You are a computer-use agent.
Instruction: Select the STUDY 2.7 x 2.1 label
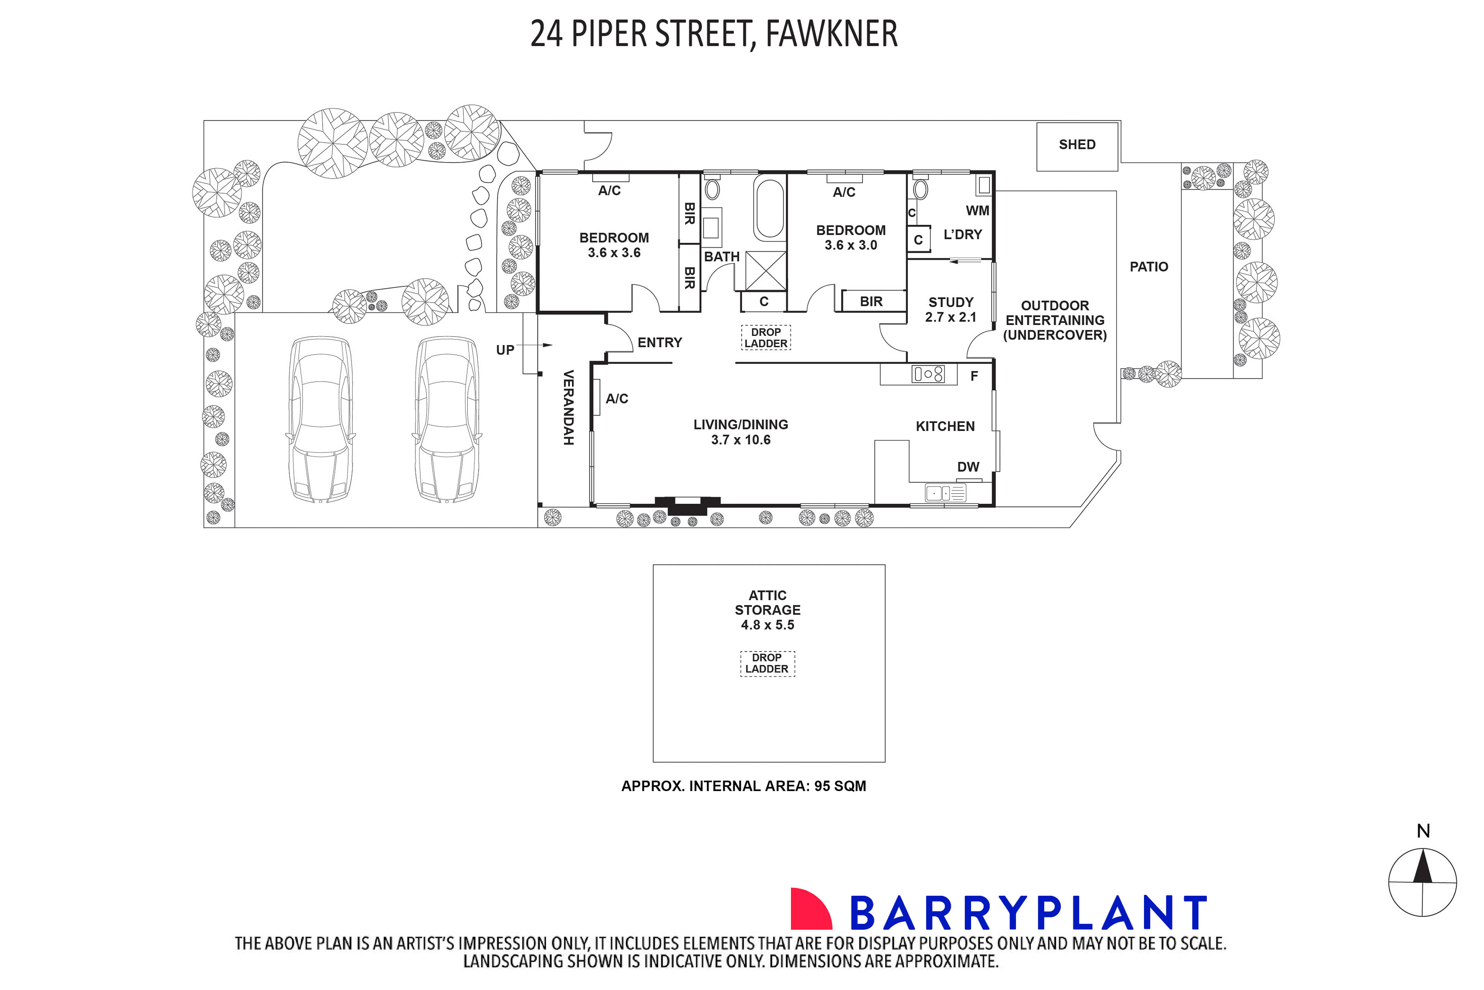click(x=951, y=309)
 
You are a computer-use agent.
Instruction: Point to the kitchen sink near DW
click(x=945, y=492)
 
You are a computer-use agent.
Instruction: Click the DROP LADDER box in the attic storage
click(x=767, y=663)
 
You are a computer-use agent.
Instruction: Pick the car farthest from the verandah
click(x=320, y=420)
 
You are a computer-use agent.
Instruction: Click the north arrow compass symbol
click(x=1422, y=881)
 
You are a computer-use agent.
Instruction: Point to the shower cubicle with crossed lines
click(x=766, y=271)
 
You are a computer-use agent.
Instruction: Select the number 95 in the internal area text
click(x=822, y=786)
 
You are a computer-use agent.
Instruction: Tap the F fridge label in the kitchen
click(x=974, y=376)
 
